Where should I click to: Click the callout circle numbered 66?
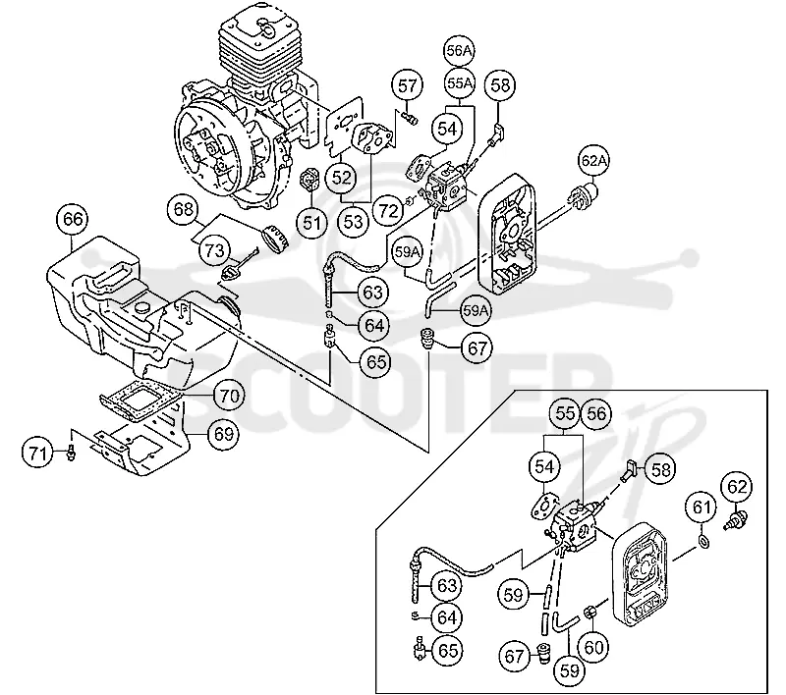click(x=73, y=219)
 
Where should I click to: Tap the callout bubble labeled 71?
click(x=38, y=454)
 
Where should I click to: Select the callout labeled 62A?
click(x=593, y=161)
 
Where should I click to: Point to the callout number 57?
click(x=407, y=85)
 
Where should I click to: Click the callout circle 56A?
click(x=460, y=51)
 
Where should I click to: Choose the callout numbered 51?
click(x=311, y=222)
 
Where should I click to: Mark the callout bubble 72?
click(x=389, y=211)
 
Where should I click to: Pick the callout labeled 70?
click(x=230, y=396)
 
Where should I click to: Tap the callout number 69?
click(x=224, y=434)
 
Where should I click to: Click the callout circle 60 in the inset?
click(x=593, y=648)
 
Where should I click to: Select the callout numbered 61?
click(x=702, y=508)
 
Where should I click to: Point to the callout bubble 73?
click(x=214, y=250)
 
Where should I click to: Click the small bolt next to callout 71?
click(x=71, y=454)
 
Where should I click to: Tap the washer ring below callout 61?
click(x=702, y=541)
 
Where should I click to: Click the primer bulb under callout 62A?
click(x=584, y=194)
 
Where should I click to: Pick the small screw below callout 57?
click(x=410, y=119)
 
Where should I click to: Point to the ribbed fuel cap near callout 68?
click(x=277, y=237)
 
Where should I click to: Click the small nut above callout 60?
click(x=591, y=611)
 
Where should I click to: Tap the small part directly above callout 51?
click(x=309, y=181)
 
